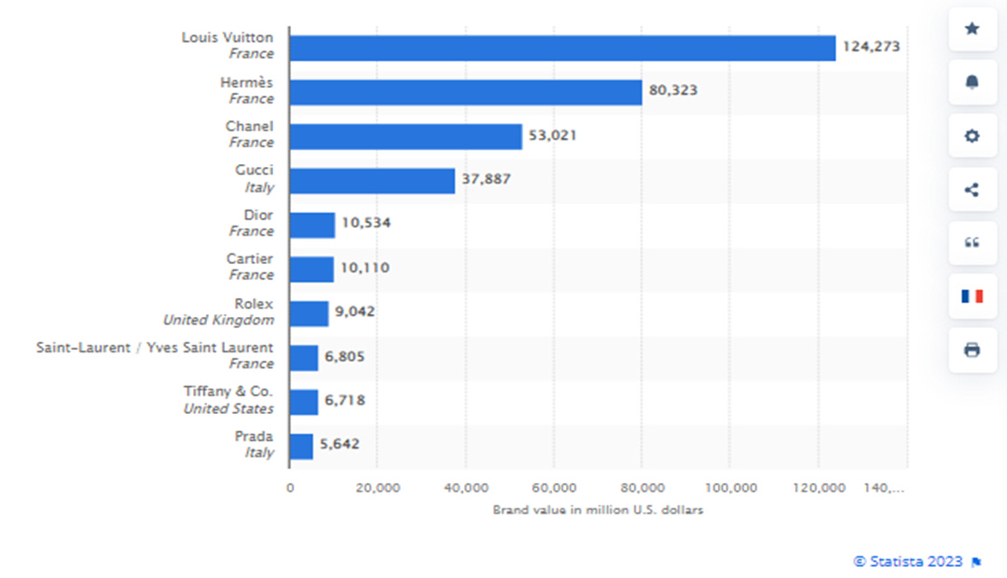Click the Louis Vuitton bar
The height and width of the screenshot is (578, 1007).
click(x=562, y=48)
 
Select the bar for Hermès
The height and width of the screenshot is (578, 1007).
click(x=465, y=91)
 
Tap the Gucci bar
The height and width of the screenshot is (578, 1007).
click(x=372, y=181)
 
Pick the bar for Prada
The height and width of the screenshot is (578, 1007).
click(x=301, y=447)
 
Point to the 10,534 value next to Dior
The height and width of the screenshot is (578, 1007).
click(x=366, y=224)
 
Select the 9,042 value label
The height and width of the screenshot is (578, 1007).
click(x=355, y=311)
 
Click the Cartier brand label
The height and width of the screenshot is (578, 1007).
click(x=250, y=259)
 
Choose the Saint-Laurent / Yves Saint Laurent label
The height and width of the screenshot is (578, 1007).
click(x=155, y=348)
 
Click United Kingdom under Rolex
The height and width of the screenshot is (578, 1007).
click(x=219, y=320)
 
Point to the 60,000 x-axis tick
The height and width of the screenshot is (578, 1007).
click(x=553, y=488)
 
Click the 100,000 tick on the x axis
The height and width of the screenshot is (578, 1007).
click(x=730, y=488)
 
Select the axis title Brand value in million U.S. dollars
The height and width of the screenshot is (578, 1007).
click(x=598, y=510)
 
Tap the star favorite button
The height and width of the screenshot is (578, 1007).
click(x=972, y=29)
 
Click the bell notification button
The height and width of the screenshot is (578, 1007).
click(x=972, y=83)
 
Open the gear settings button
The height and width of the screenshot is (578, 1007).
click(x=972, y=136)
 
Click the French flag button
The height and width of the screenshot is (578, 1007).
click(x=972, y=296)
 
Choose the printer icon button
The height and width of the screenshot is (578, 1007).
click(x=972, y=350)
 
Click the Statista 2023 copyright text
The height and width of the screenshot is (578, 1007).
click(x=908, y=561)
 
